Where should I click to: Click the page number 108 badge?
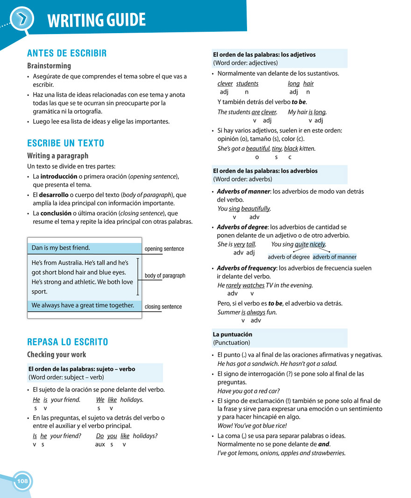coord(22,481)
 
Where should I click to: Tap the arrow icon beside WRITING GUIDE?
coord(22,19)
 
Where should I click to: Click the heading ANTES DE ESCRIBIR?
coord(67,53)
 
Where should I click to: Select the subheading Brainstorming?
coord(49,66)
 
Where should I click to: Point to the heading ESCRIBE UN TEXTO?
coord(65,143)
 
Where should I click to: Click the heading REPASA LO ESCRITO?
coord(67,342)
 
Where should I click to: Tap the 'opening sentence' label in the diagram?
coord(164,249)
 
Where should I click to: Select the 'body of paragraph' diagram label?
coord(165,276)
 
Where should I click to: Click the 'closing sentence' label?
coord(163,307)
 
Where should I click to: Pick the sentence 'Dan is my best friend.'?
coord(61,248)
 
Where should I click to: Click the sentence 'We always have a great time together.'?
coord(83,306)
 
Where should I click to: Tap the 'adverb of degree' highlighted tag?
coord(289,257)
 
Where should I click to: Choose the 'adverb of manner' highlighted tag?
coord(334,257)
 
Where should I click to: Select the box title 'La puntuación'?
coord(233,334)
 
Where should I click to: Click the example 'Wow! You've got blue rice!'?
coord(252,426)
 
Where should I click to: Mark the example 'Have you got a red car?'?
coord(248,391)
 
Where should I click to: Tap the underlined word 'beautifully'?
coord(255,209)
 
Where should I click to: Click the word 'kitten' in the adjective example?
coord(307,149)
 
